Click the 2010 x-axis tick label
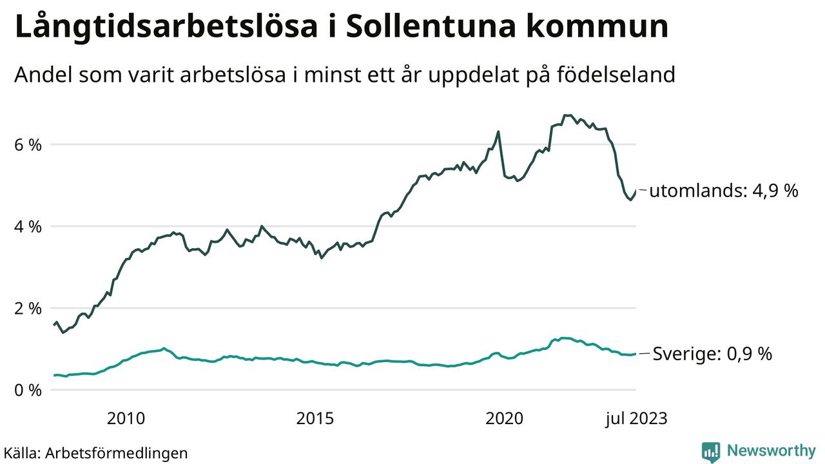(x=126, y=419)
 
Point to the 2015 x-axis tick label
(x=315, y=419)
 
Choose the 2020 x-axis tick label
(x=505, y=419)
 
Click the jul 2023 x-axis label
(x=636, y=419)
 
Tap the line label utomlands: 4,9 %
(x=724, y=191)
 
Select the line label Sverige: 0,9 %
(x=712, y=354)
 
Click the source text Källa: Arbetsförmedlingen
(x=95, y=452)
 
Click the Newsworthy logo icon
(x=711, y=452)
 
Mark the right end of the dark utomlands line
(x=636, y=191)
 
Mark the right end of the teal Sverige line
(x=636, y=353)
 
